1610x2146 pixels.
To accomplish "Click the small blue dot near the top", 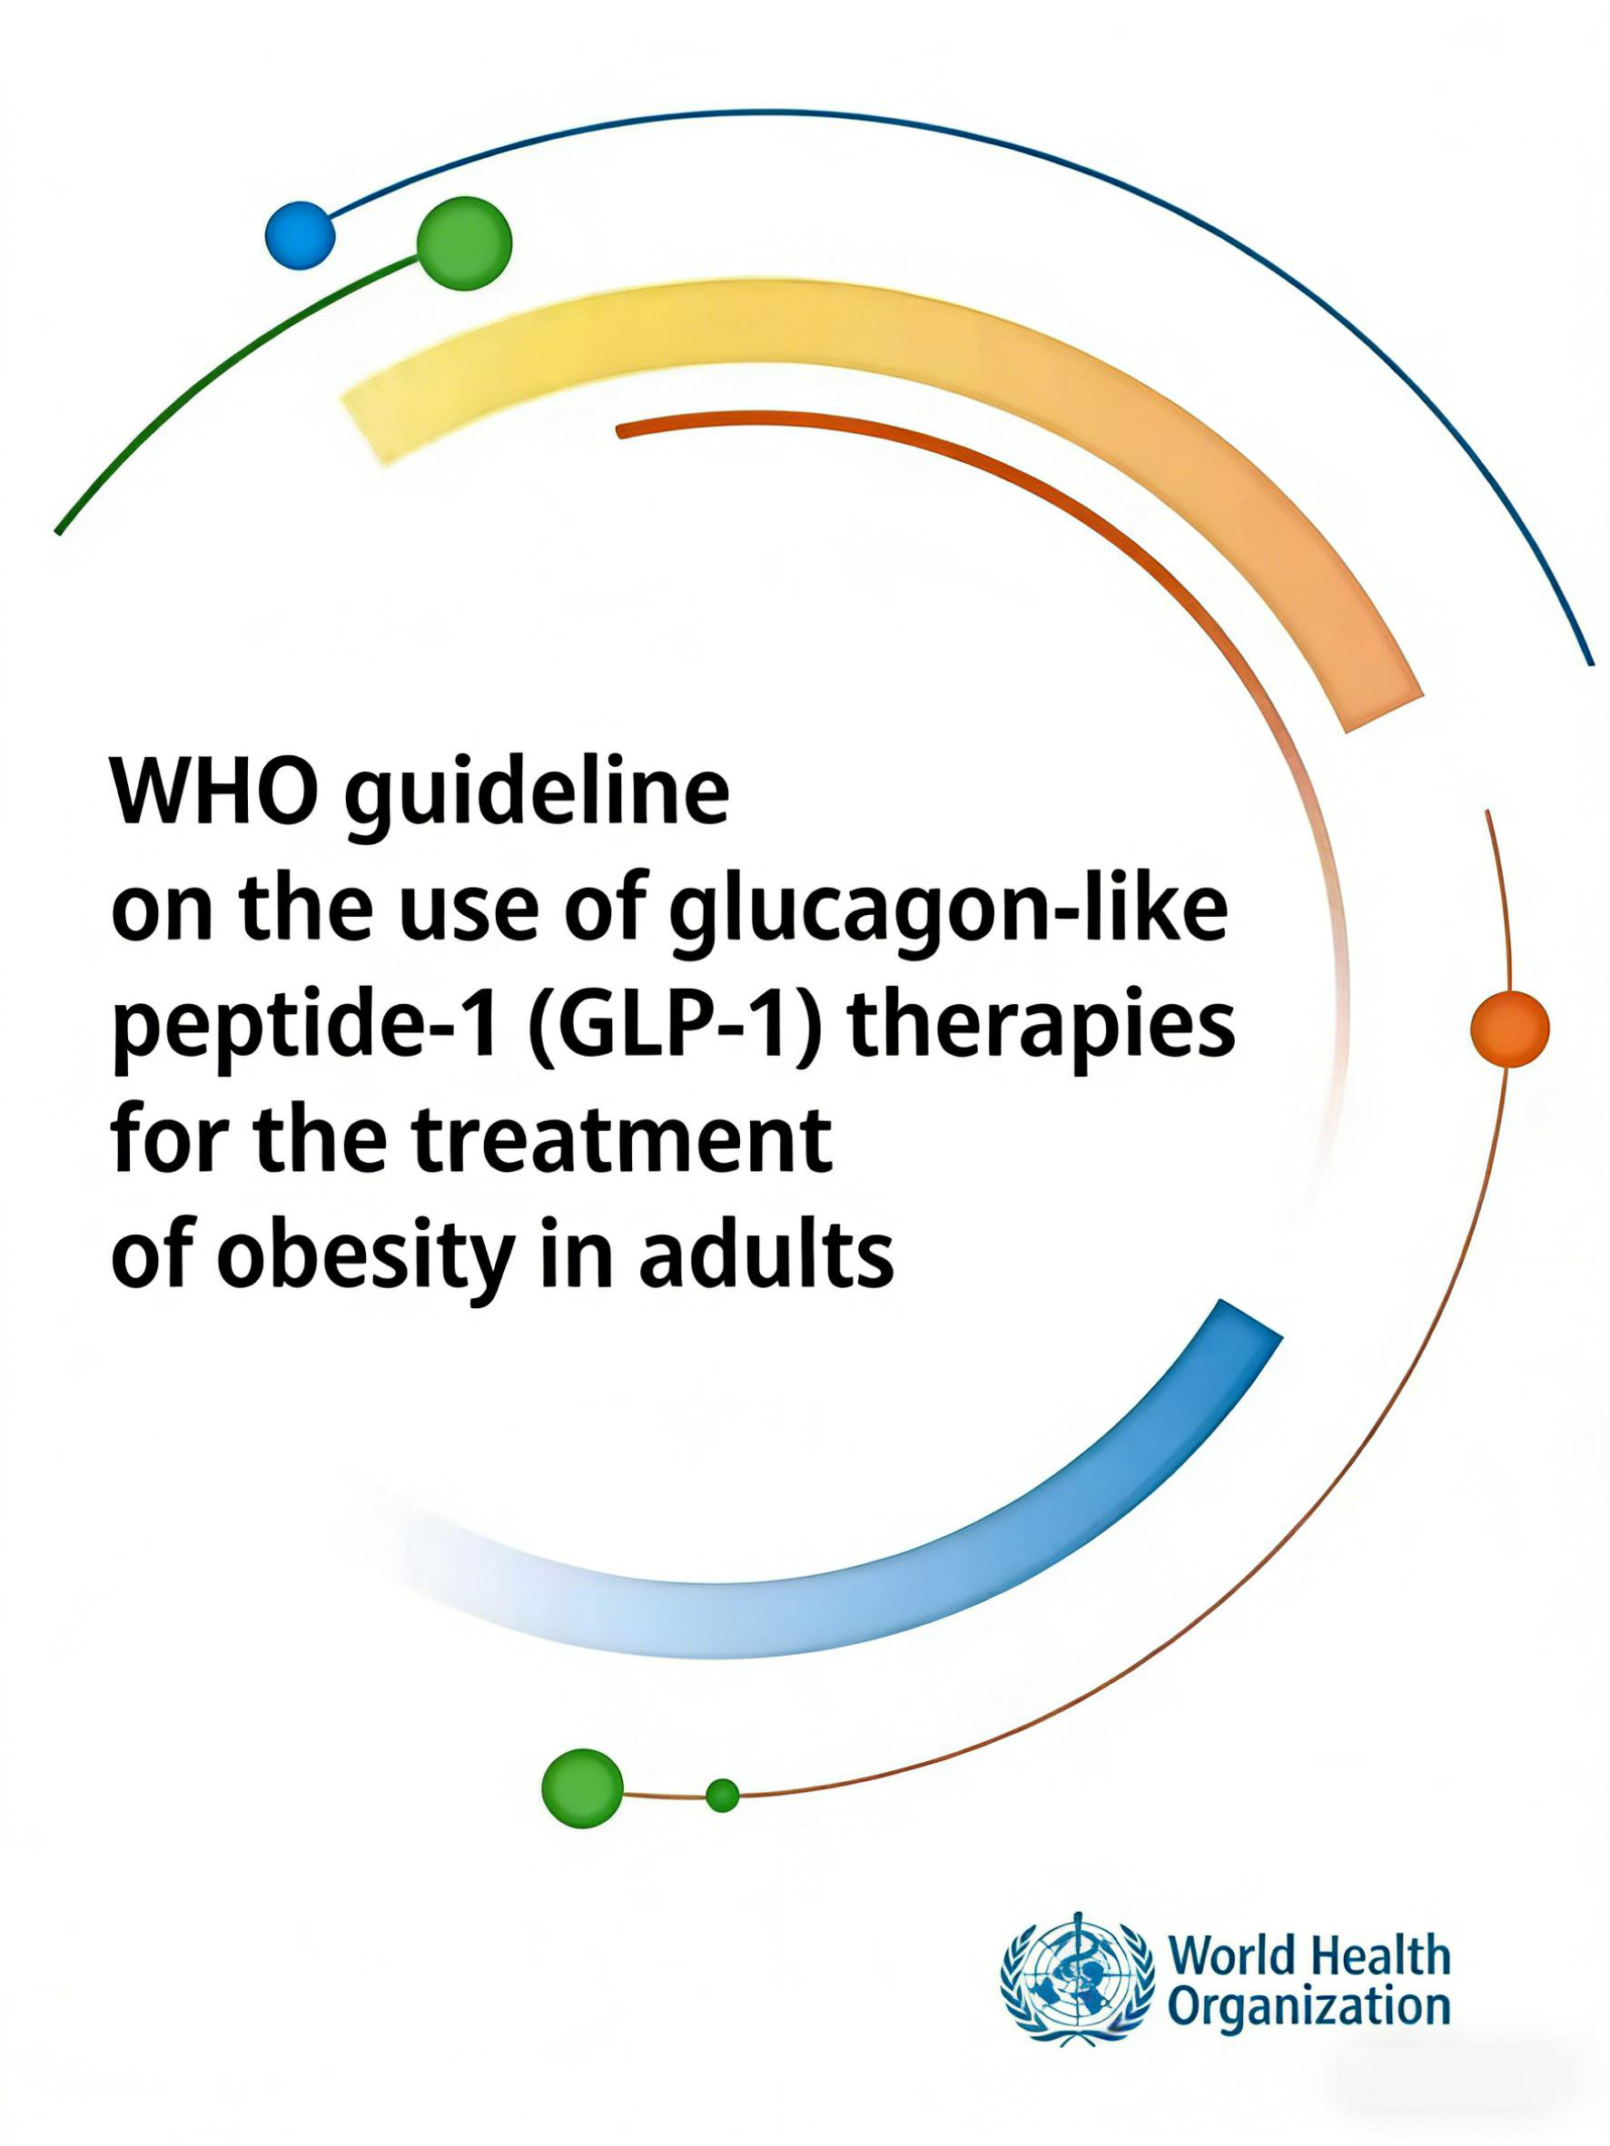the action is click(x=300, y=235).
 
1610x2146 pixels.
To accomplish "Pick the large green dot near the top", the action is click(x=464, y=242).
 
